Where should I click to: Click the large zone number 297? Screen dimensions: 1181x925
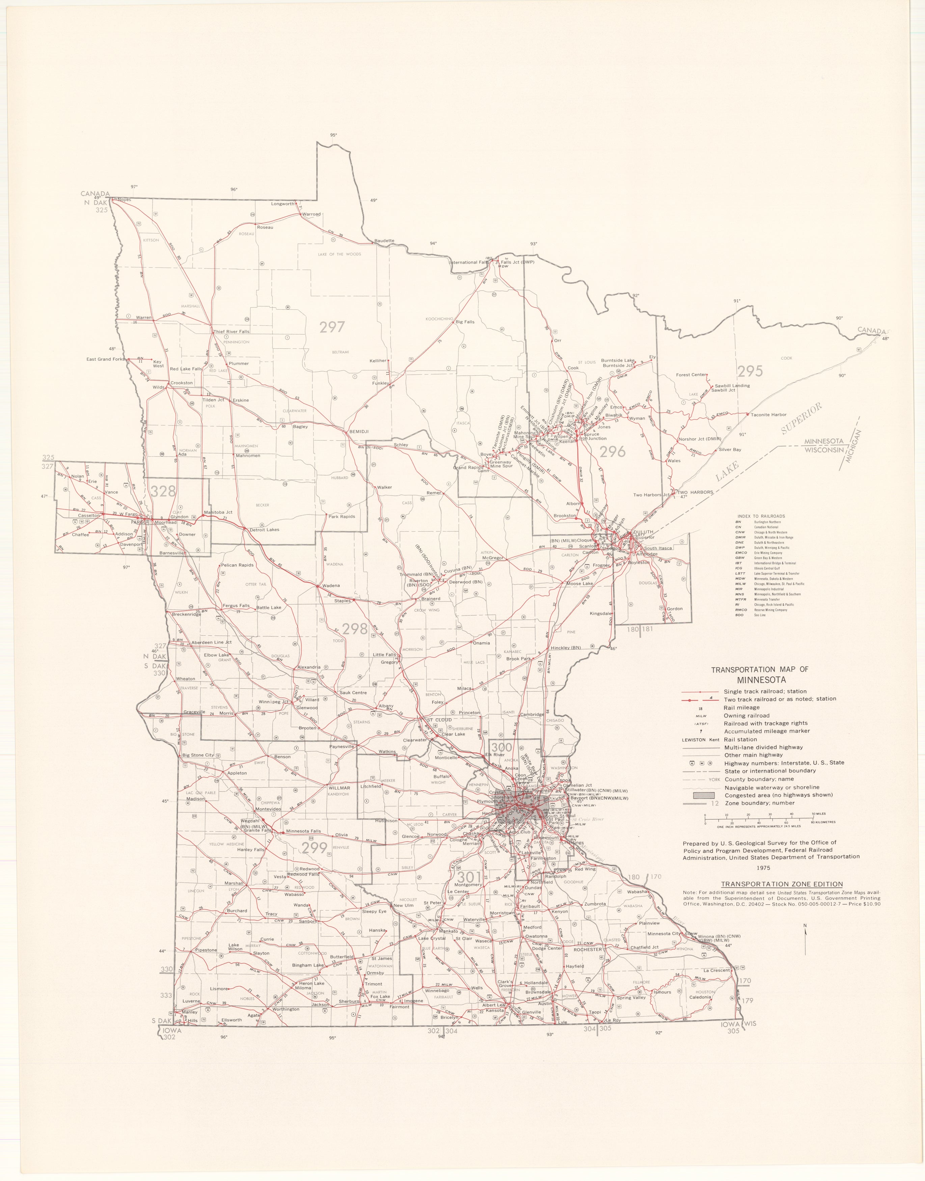(332, 327)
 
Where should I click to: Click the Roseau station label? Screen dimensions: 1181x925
(265, 227)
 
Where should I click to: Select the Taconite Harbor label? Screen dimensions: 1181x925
(768, 415)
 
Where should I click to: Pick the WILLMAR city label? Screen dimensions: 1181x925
(339, 788)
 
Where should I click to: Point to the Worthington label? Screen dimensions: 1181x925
(286, 1009)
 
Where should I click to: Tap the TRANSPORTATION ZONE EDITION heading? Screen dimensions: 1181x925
(773, 884)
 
